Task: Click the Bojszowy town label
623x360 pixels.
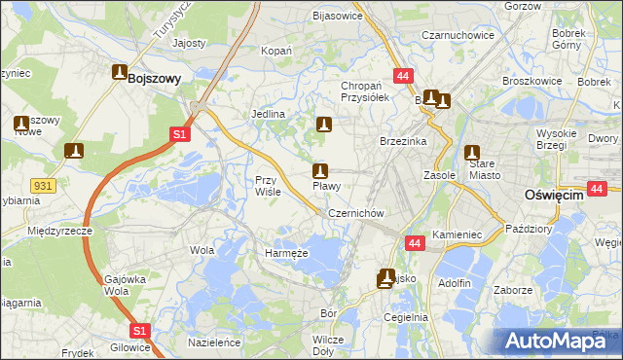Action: pos(154,81)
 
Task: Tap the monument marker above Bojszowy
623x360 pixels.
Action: pos(120,72)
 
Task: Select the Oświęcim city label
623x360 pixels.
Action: pos(552,195)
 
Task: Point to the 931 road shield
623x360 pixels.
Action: pos(42,185)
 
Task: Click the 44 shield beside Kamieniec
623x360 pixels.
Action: pos(415,243)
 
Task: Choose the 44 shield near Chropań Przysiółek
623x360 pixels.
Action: pos(402,75)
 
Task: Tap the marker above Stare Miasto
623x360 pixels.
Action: pos(472,153)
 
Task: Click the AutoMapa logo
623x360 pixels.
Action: pos(555,341)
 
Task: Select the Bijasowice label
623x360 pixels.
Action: pos(336,16)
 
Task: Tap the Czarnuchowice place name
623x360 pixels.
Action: pos(458,35)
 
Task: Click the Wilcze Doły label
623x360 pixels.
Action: pos(328,345)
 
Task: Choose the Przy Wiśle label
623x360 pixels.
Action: pos(268,186)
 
